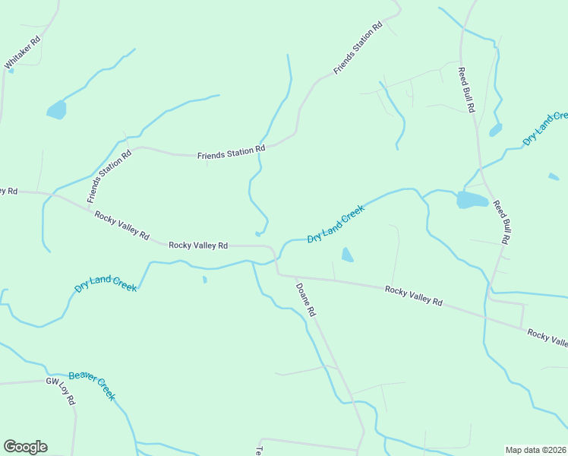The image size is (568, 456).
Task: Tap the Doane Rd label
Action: tap(305, 299)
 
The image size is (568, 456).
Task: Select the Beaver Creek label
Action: tap(92, 385)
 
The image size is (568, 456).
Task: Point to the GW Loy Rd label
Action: tap(62, 391)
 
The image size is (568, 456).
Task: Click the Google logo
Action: tap(25, 447)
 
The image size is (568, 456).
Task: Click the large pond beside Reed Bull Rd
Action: tap(472, 200)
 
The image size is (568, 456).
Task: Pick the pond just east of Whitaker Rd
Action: tap(56, 110)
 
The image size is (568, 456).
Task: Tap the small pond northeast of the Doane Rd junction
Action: tap(347, 255)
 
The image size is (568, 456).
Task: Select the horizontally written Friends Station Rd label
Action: tap(231, 154)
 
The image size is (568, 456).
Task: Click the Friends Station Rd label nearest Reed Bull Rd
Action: tap(358, 49)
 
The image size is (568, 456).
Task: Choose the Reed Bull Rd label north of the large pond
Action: tap(465, 90)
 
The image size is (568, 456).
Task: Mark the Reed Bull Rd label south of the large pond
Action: tap(500, 222)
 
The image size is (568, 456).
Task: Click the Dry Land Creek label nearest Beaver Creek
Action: tap(106, 284)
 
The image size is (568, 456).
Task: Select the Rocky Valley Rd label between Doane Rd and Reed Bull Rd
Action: tap(413, 295)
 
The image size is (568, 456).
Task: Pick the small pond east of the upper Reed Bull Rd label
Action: tap(496, 129)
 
